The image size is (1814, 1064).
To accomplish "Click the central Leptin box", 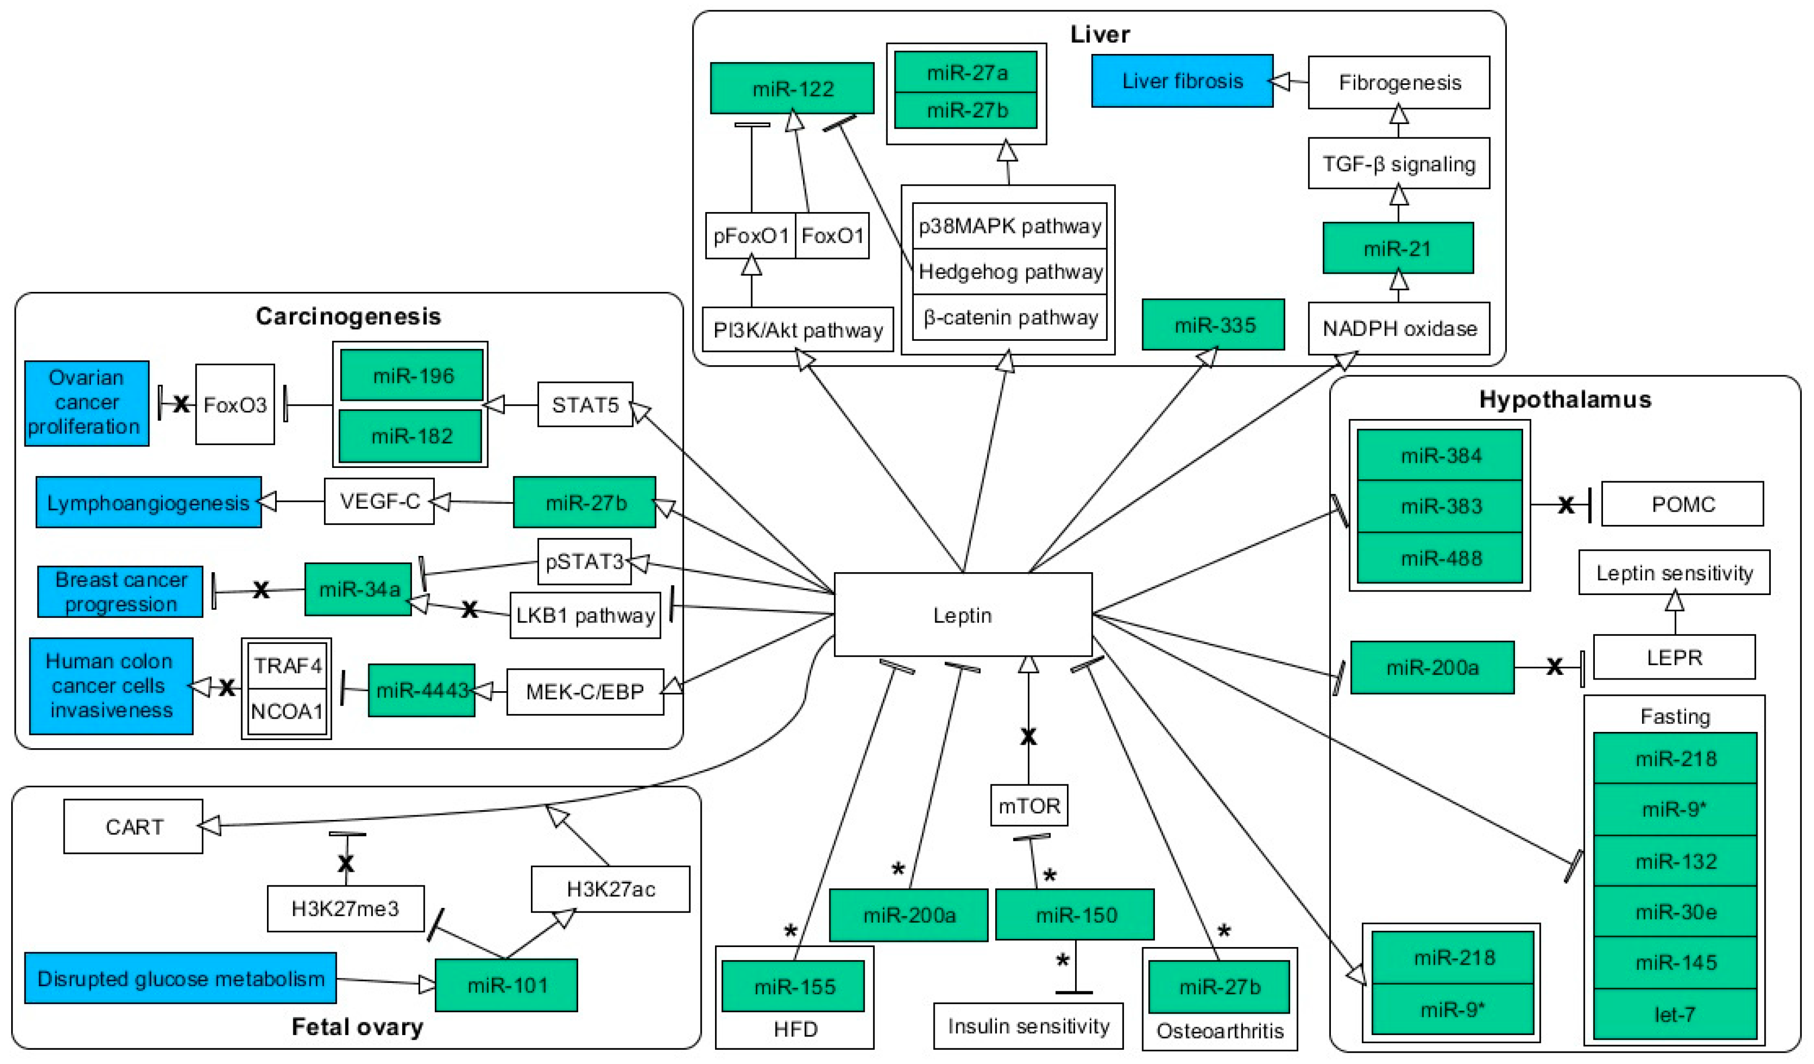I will coord(962,615).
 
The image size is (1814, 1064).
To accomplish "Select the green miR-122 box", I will coord(792,88).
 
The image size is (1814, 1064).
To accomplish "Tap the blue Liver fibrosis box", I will coord(1182,81).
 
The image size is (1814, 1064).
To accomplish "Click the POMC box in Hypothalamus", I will coord(1682,504).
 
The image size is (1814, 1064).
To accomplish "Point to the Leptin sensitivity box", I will coord(1674,573).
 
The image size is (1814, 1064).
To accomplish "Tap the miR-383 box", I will coord(1440,506).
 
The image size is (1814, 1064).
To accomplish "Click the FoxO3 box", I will coord(234,404).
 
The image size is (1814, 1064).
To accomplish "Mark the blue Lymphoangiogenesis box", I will coord(148,503).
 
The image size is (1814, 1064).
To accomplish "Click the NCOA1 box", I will coord(286,711).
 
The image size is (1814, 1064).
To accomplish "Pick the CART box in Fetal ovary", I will coord(134,826).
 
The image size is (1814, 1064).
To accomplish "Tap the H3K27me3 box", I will coord(345,908).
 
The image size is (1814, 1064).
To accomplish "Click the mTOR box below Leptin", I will coord(1029,806).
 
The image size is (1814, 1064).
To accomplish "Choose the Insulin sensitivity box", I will coord(1028,1026).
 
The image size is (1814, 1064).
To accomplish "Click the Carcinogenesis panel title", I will coord(348,316).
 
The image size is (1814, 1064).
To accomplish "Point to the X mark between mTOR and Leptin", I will coord(1028,736).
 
